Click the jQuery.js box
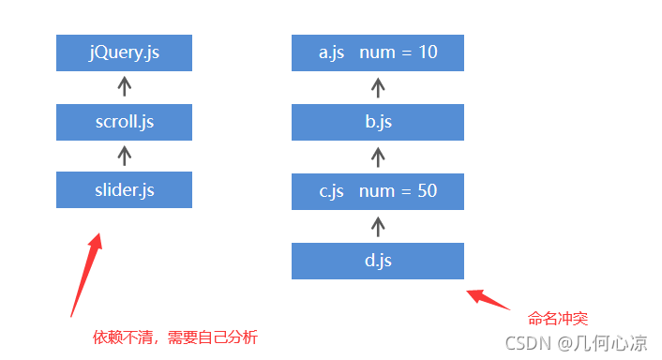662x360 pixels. tap(124, 52)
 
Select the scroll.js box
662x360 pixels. tap(124, 122)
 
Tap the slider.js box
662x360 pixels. tap(124, 189)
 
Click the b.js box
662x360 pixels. tap(378, 122)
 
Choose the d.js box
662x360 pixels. tap(378, 261)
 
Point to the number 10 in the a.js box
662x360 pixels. tap(428, 52)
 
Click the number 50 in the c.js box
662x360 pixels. tap(428, 190)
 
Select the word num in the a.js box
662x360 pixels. tap(377, 53)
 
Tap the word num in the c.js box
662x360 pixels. tap(377, 191)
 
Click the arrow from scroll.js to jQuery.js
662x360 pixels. tap(124, 86)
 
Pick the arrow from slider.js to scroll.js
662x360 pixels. tap(124, 156)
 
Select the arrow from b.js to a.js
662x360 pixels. tap(378, 88)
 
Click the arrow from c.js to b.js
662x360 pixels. tap(378, 157)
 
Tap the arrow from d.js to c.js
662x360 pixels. tap(378, 227)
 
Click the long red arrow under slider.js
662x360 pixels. tap(86, 275)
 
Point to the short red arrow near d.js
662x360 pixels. tap(488, 299)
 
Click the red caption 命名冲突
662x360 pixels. tap(558, 319)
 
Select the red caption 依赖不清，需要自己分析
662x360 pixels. tap(175, 337)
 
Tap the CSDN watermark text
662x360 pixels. tap(577, 343)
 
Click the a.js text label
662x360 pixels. tap(331, 53)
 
